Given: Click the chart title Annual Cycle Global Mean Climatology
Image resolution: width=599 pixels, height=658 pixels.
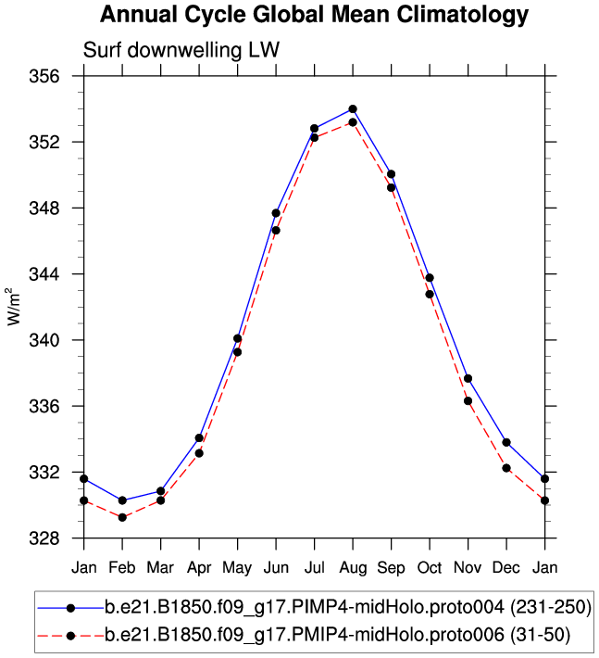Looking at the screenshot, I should tap(314, 15).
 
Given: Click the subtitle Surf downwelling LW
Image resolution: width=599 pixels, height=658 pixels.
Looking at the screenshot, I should tap(181, 50).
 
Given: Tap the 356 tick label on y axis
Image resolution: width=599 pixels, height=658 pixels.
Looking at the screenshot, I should tap(58, 76).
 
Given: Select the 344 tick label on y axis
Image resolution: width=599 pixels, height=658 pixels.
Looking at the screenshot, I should tap(58, 274).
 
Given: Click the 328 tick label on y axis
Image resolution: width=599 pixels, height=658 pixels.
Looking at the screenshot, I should tap(58, 538).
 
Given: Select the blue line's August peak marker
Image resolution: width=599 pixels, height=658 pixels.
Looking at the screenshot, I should tap(353, 109).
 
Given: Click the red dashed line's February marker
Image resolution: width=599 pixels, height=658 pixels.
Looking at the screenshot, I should tap(122, 517).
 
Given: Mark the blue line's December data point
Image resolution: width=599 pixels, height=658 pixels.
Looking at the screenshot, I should tap(506, 443).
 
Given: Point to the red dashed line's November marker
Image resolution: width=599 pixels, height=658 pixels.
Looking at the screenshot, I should tap(468, 401).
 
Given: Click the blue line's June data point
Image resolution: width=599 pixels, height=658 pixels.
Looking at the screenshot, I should tap(276, 213).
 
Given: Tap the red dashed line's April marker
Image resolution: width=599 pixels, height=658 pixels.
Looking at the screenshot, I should tap(199, 452).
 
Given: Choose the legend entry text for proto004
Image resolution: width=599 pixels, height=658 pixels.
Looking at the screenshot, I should tap(347, 608).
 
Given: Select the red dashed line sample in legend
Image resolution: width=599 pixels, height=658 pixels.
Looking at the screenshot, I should tap(70, 636).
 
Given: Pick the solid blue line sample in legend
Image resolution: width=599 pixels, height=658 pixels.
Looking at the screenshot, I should tap(70, 608).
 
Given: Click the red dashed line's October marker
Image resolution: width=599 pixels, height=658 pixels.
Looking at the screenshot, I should tap(430, 294).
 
